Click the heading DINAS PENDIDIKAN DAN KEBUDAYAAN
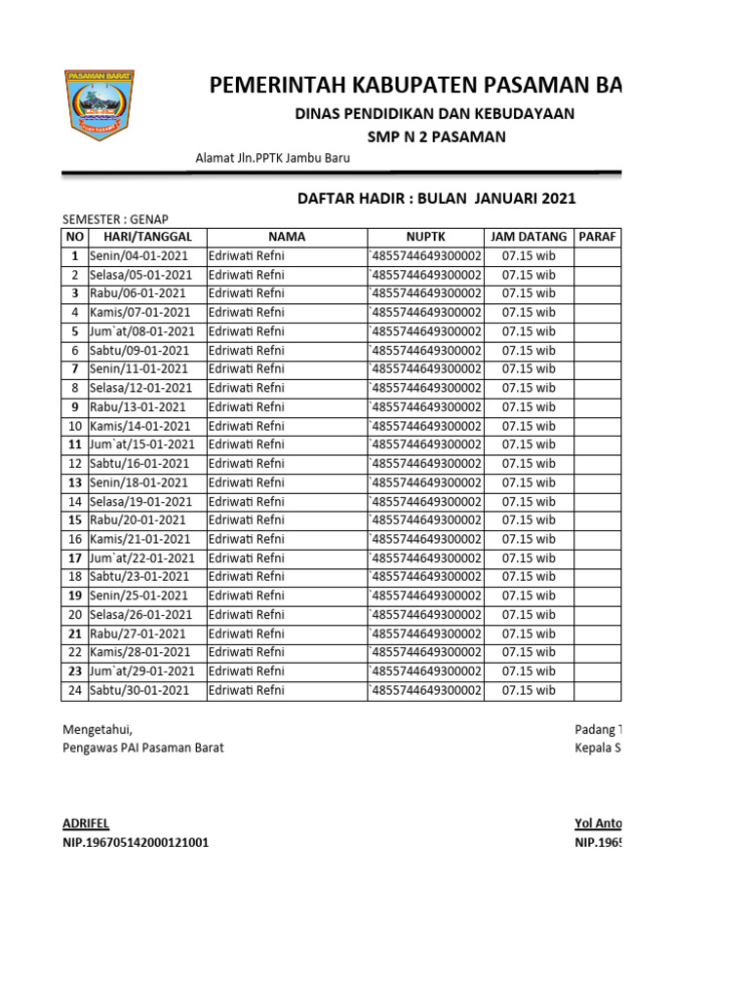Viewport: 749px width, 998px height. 434,114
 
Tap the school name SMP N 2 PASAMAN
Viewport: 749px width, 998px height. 436,137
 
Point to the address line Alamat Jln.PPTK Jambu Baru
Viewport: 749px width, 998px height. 273,159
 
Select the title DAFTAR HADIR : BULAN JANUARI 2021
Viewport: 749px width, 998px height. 436,199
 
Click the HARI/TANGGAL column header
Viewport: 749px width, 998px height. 147,237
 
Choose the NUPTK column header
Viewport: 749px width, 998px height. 425,237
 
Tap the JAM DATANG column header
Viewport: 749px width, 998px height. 528,237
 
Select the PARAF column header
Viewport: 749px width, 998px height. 597,237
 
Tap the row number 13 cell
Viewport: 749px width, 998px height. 74,482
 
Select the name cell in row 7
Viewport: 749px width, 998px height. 247,369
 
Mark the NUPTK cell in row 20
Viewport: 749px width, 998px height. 425,615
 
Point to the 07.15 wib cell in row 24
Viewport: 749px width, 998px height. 528,690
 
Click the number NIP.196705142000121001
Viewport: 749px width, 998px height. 136,843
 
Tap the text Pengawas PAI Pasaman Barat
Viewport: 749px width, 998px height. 143,748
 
